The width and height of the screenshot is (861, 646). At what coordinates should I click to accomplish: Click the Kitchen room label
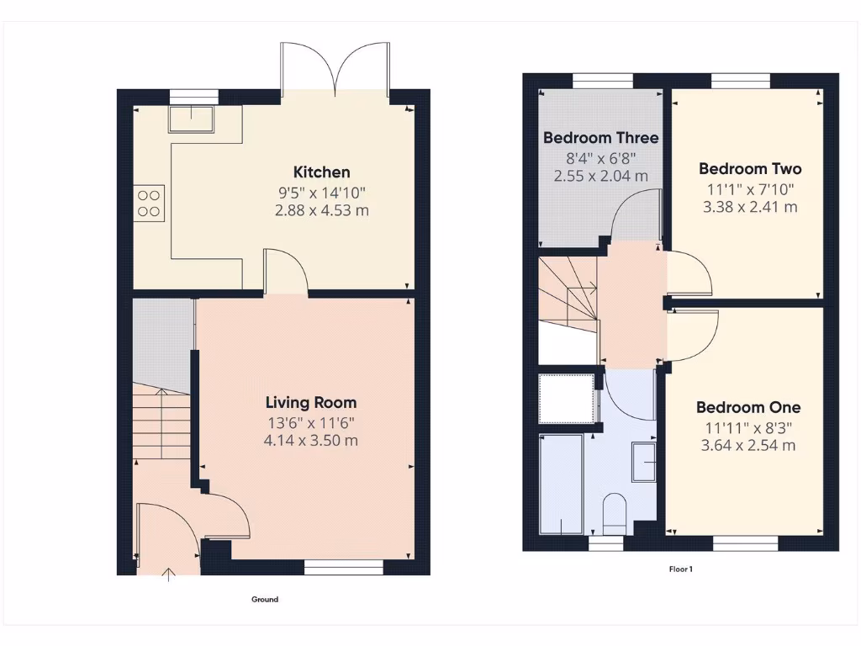(x=321, y=172)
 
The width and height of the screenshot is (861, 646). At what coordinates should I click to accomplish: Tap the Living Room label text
(x=311, y=403)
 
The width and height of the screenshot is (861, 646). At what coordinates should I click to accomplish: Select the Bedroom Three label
(x=600, y=138)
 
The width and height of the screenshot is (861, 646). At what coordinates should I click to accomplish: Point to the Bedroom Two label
(x=749, y=169)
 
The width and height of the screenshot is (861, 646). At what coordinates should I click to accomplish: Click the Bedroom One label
(x=747, y=408)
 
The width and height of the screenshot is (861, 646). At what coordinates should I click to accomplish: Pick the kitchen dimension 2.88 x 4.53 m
(x=321, y=210)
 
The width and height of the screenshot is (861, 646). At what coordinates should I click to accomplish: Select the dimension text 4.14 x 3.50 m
(x=311, y=440)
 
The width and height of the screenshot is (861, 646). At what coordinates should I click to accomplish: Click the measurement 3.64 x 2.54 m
(x=747, y=445)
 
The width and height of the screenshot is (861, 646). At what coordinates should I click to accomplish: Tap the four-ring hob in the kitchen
(x=149, y=203)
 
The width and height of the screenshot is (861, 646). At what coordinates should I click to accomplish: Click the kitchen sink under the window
(x=192, y=118)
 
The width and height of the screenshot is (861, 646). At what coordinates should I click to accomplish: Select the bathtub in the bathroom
(x=560, y=484)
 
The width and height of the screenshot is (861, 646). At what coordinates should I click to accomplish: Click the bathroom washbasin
(x=644, y=463)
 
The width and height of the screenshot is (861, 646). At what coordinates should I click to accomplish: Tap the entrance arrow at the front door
(x=169, y=575)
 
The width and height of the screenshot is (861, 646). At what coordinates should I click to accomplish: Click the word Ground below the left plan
(x=265, y=600)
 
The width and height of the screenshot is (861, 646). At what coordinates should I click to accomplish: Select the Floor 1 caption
(x=680, y=569)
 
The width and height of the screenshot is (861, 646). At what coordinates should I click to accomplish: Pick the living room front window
(x=343, y=569)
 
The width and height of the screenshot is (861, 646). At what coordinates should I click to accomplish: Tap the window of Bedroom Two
(x=740, y=80)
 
